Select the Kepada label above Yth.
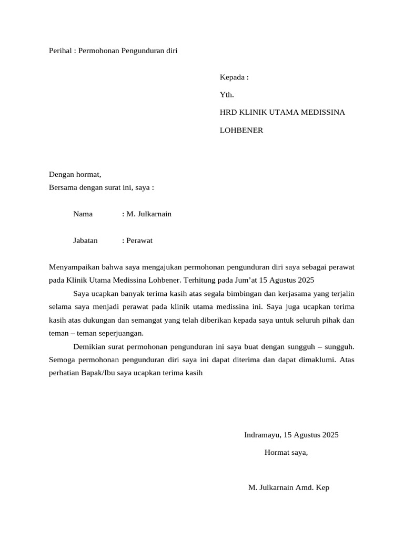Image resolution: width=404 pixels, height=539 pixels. click(x=231, y=77)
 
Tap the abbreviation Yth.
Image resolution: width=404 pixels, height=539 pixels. click(x=227, y=95)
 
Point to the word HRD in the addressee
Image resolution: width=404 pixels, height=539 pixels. click(x=228, y=112)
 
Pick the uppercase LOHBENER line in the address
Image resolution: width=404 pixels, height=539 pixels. click(x=241, y=130)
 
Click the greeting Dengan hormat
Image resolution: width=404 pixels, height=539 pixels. click(x=75, y=174)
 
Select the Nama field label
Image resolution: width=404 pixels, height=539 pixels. click(x=83, y=214)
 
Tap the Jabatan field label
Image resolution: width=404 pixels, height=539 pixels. click(x=86, y=240)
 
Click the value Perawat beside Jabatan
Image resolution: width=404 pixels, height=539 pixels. click(x=139, y=240)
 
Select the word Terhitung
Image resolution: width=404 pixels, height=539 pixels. click(x=200, y=280)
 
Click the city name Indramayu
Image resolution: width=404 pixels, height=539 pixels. click(x=262, y=435)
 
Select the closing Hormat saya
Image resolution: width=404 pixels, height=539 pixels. click(x=286, y=452)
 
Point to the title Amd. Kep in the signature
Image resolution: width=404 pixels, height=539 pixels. click(x=313, y=487)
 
